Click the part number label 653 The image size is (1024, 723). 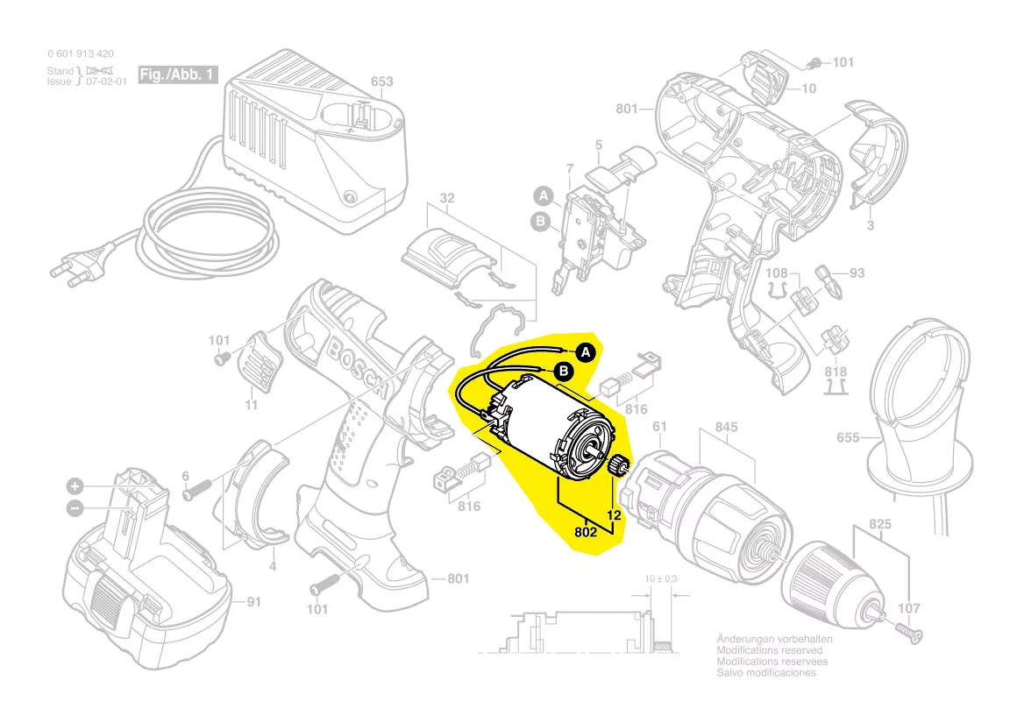381,82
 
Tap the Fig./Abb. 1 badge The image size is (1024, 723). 178,75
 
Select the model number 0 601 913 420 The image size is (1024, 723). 81,53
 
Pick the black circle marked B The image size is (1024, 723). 564,373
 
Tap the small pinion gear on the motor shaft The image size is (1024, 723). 620,464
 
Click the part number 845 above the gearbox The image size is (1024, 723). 726,428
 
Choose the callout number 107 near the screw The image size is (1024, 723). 909,608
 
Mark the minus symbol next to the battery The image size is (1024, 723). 75,507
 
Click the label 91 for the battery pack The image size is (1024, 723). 253,601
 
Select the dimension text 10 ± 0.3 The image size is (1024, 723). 661,580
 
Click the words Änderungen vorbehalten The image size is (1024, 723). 774,639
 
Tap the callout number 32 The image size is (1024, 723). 447,199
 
